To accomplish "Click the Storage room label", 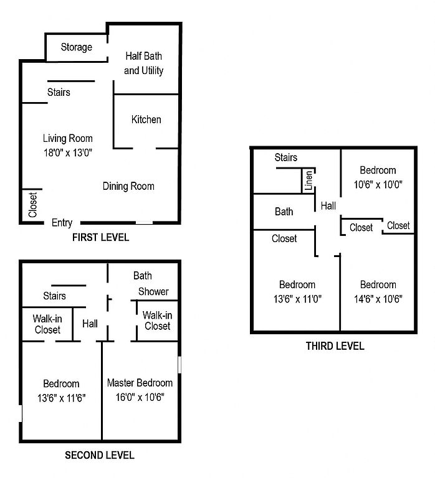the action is click(76, 47).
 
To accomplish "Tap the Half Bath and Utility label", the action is click(143, 63).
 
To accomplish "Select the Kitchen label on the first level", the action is click(146, 119).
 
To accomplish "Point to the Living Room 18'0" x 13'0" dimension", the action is click(68, 152).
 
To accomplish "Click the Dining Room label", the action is click(128, 186).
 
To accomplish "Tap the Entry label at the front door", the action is click(62, 223).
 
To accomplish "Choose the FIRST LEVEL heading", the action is click(100, 238).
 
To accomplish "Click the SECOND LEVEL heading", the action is click(100, 456).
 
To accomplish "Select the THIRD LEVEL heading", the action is click(335, 346).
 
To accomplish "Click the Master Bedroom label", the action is click(140, 383).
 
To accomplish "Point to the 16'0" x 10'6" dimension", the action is click(140, 397).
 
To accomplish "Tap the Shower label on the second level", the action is click(153, 292).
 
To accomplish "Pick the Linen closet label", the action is click(309, 180).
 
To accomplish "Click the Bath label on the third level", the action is click(284, 212).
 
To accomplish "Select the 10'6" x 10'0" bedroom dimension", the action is click(378, 184).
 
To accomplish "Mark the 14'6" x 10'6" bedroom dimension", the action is click(378, 299).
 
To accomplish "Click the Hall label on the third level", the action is click(328, 206).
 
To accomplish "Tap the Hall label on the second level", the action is click(90, 324).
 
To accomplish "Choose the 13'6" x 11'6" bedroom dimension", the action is click(61, 398).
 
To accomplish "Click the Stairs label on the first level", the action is click(59, 92).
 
